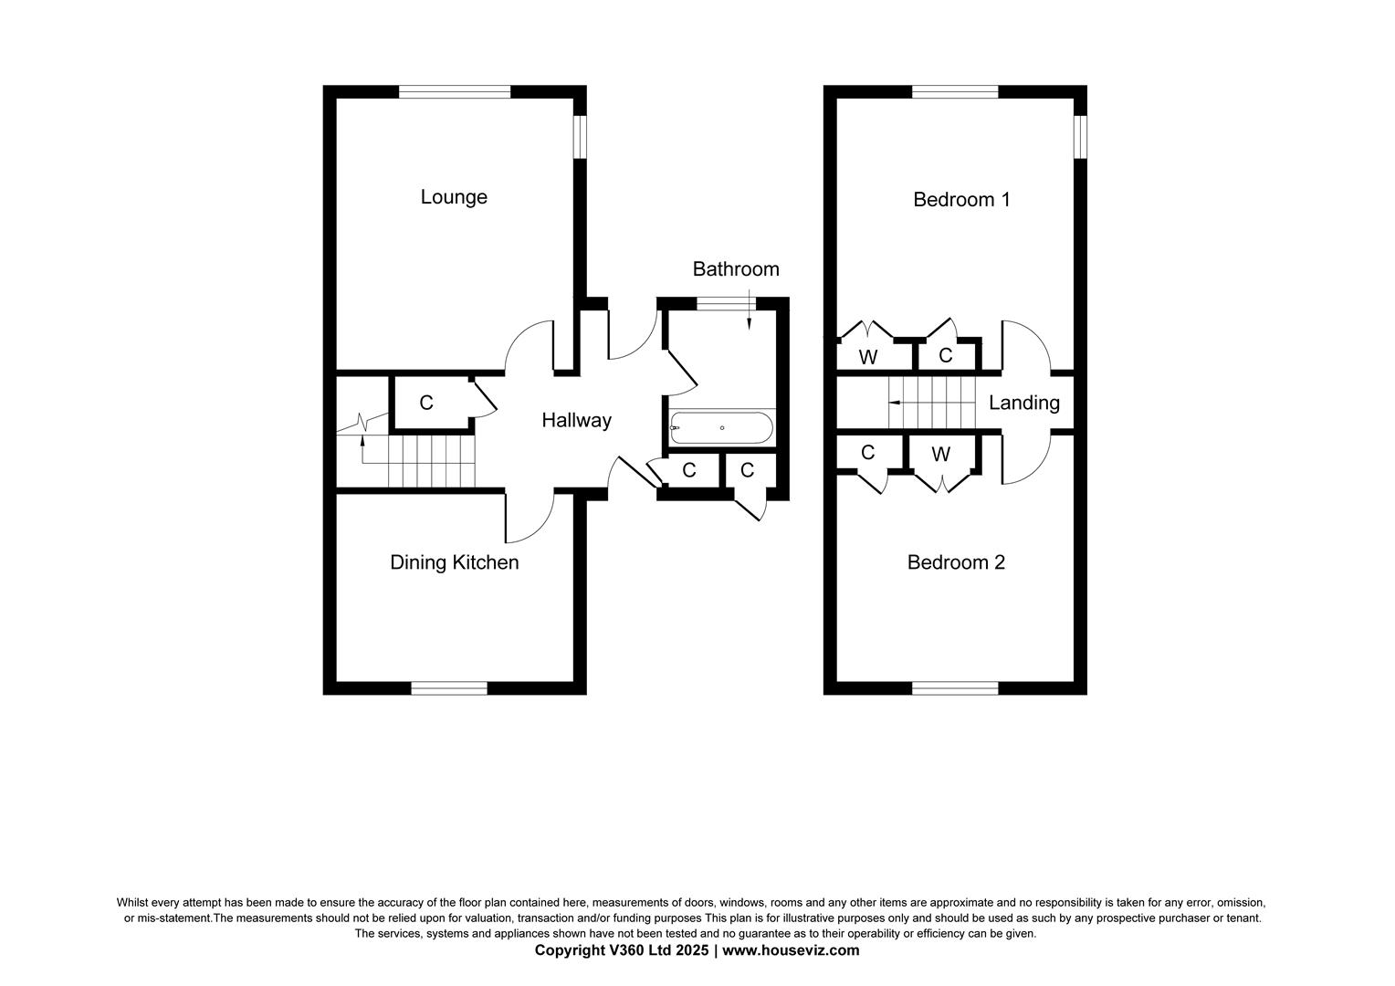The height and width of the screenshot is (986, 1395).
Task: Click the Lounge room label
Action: tap(454, 197)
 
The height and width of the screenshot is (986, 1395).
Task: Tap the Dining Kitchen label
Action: tap(454, 562)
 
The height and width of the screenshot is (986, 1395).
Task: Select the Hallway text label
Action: tap(576, 421)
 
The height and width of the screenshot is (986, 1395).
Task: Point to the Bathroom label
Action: tap(736, 269)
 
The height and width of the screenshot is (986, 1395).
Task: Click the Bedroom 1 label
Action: tap(961, 199)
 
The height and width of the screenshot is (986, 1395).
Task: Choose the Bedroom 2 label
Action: tap(956, 562)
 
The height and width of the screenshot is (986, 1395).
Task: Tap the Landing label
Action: tap(1024, 403)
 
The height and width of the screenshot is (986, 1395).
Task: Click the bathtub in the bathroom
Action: tap(722, 427)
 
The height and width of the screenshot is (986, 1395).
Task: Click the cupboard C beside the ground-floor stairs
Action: tap(426, 403)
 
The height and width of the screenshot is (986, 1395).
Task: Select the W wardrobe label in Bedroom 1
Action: tap(868, 357)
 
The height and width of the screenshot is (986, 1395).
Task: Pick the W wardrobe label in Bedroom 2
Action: tap(940, 454)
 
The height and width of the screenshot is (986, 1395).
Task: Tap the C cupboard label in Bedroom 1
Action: tap(946, 355)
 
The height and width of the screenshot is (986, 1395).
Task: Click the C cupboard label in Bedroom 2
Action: tap(868, 453)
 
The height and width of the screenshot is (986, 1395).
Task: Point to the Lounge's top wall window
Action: tap(454, 91)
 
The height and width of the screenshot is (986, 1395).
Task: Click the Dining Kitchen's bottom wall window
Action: tap(449, 688)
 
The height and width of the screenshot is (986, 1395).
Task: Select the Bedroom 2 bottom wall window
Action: tap(955, 688)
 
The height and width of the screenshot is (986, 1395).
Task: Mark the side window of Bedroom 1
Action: tap(1080, 136)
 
